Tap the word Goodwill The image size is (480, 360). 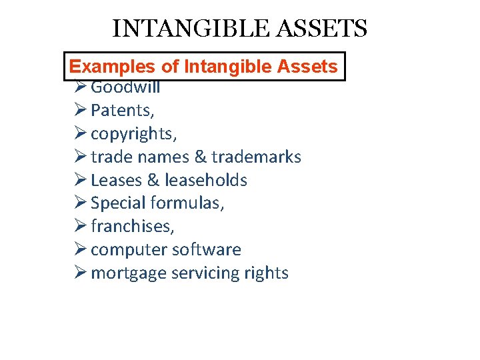125,87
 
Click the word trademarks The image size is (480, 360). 257,157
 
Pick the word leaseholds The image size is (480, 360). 206,180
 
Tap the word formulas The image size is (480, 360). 188,203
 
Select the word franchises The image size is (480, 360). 133,227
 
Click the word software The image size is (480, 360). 207,250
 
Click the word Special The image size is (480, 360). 118,203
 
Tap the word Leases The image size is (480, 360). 117,180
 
